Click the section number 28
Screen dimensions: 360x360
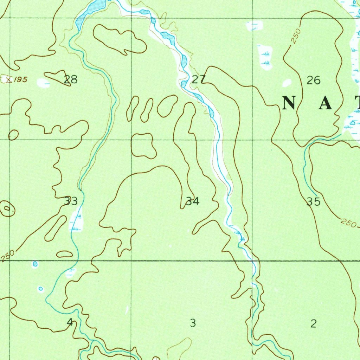coord(71,79)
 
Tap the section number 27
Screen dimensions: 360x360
coord(199,79)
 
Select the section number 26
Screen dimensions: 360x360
coord(314,81)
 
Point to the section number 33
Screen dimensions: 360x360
coord(71,201)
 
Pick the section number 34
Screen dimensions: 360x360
coord(193,201)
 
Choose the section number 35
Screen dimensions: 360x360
coord(314,202)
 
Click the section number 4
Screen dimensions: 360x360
coord(70,322)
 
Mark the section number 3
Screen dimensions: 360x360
coord(193,323)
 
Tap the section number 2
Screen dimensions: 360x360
coord(314,323)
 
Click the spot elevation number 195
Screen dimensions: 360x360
coord(21,79)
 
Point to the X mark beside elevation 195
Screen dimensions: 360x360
coord(7,79)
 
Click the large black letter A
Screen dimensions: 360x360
coord(326,103)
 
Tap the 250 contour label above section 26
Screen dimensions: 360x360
coord(296,37)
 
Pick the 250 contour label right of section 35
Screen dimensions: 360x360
coord(348,223)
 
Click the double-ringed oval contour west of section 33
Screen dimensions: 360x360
coord(7,209)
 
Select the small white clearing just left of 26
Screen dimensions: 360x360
coord(287,83)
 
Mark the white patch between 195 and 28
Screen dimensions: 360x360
coord(44,83)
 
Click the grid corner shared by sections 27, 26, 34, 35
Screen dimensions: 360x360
coord(252,140)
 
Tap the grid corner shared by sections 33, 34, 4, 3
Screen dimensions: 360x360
coord(131,261)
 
